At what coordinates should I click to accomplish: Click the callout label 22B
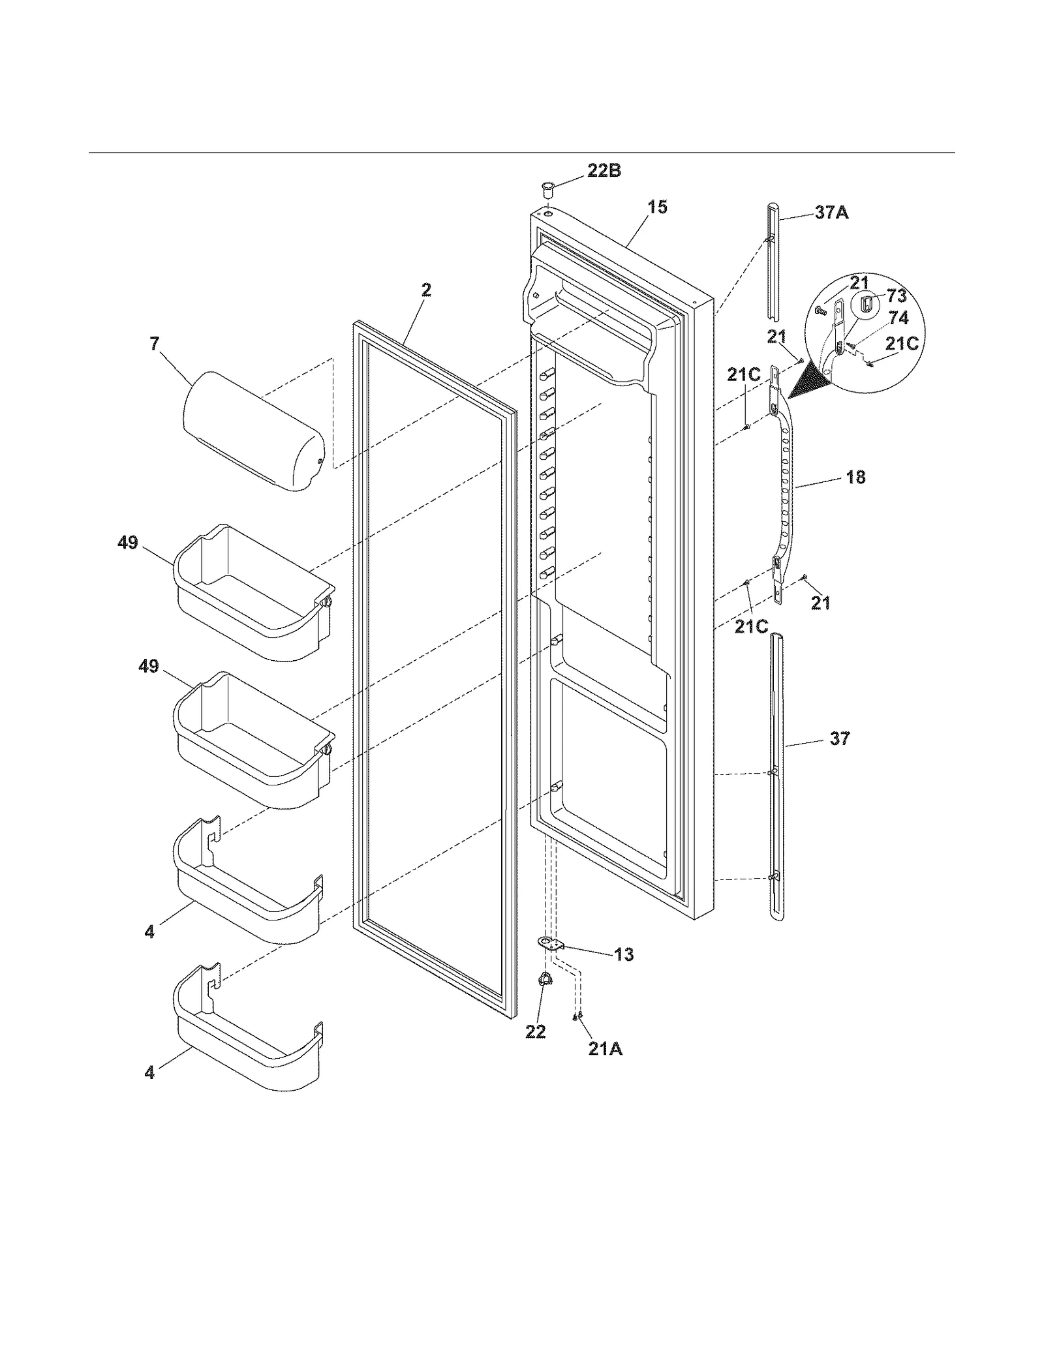click(604, 171)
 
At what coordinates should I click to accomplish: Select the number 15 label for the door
click(657, 207)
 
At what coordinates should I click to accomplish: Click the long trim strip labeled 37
click(776, 776)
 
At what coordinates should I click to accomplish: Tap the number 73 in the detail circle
click(897, 296)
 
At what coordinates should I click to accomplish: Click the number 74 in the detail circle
click(898, 318)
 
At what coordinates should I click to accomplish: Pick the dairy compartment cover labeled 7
click(251, 431)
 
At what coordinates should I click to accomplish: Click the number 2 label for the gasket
click(425, 290)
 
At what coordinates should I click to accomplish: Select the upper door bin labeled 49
click(254, 594)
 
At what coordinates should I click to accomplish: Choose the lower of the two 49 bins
click(254, 740)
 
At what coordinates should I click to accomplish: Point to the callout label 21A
click(605, 1050)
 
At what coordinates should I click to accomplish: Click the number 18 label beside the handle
click(855, 477)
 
